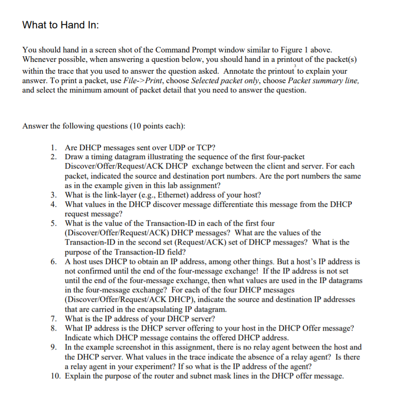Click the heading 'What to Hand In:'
(60, 25)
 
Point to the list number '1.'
(55, 147)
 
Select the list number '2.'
(55, 156)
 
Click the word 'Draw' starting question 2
(74, 156)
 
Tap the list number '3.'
(55, 195)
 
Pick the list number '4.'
(55, 204)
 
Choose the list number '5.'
(55, 223)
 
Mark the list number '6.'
(55, 261)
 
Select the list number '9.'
(55, 347)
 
